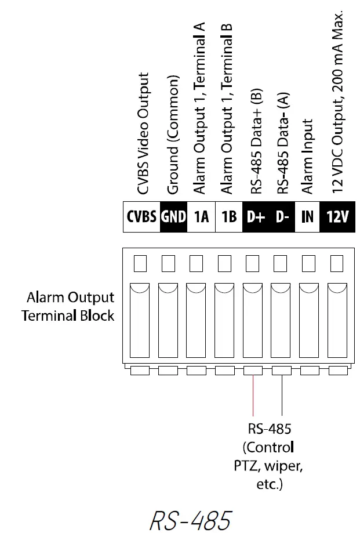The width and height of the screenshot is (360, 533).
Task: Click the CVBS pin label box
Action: [141, 217]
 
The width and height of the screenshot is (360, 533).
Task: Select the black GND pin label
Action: [173, 217]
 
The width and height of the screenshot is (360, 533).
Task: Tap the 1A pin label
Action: [201, 217]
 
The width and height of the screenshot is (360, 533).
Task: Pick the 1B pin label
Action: [229, 217]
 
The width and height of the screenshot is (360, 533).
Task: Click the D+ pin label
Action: [256, 217]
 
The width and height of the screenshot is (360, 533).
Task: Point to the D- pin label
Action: [282, 217]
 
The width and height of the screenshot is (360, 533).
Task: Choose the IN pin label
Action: [308, 217]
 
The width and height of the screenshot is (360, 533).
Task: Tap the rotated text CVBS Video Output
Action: [143, 133]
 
